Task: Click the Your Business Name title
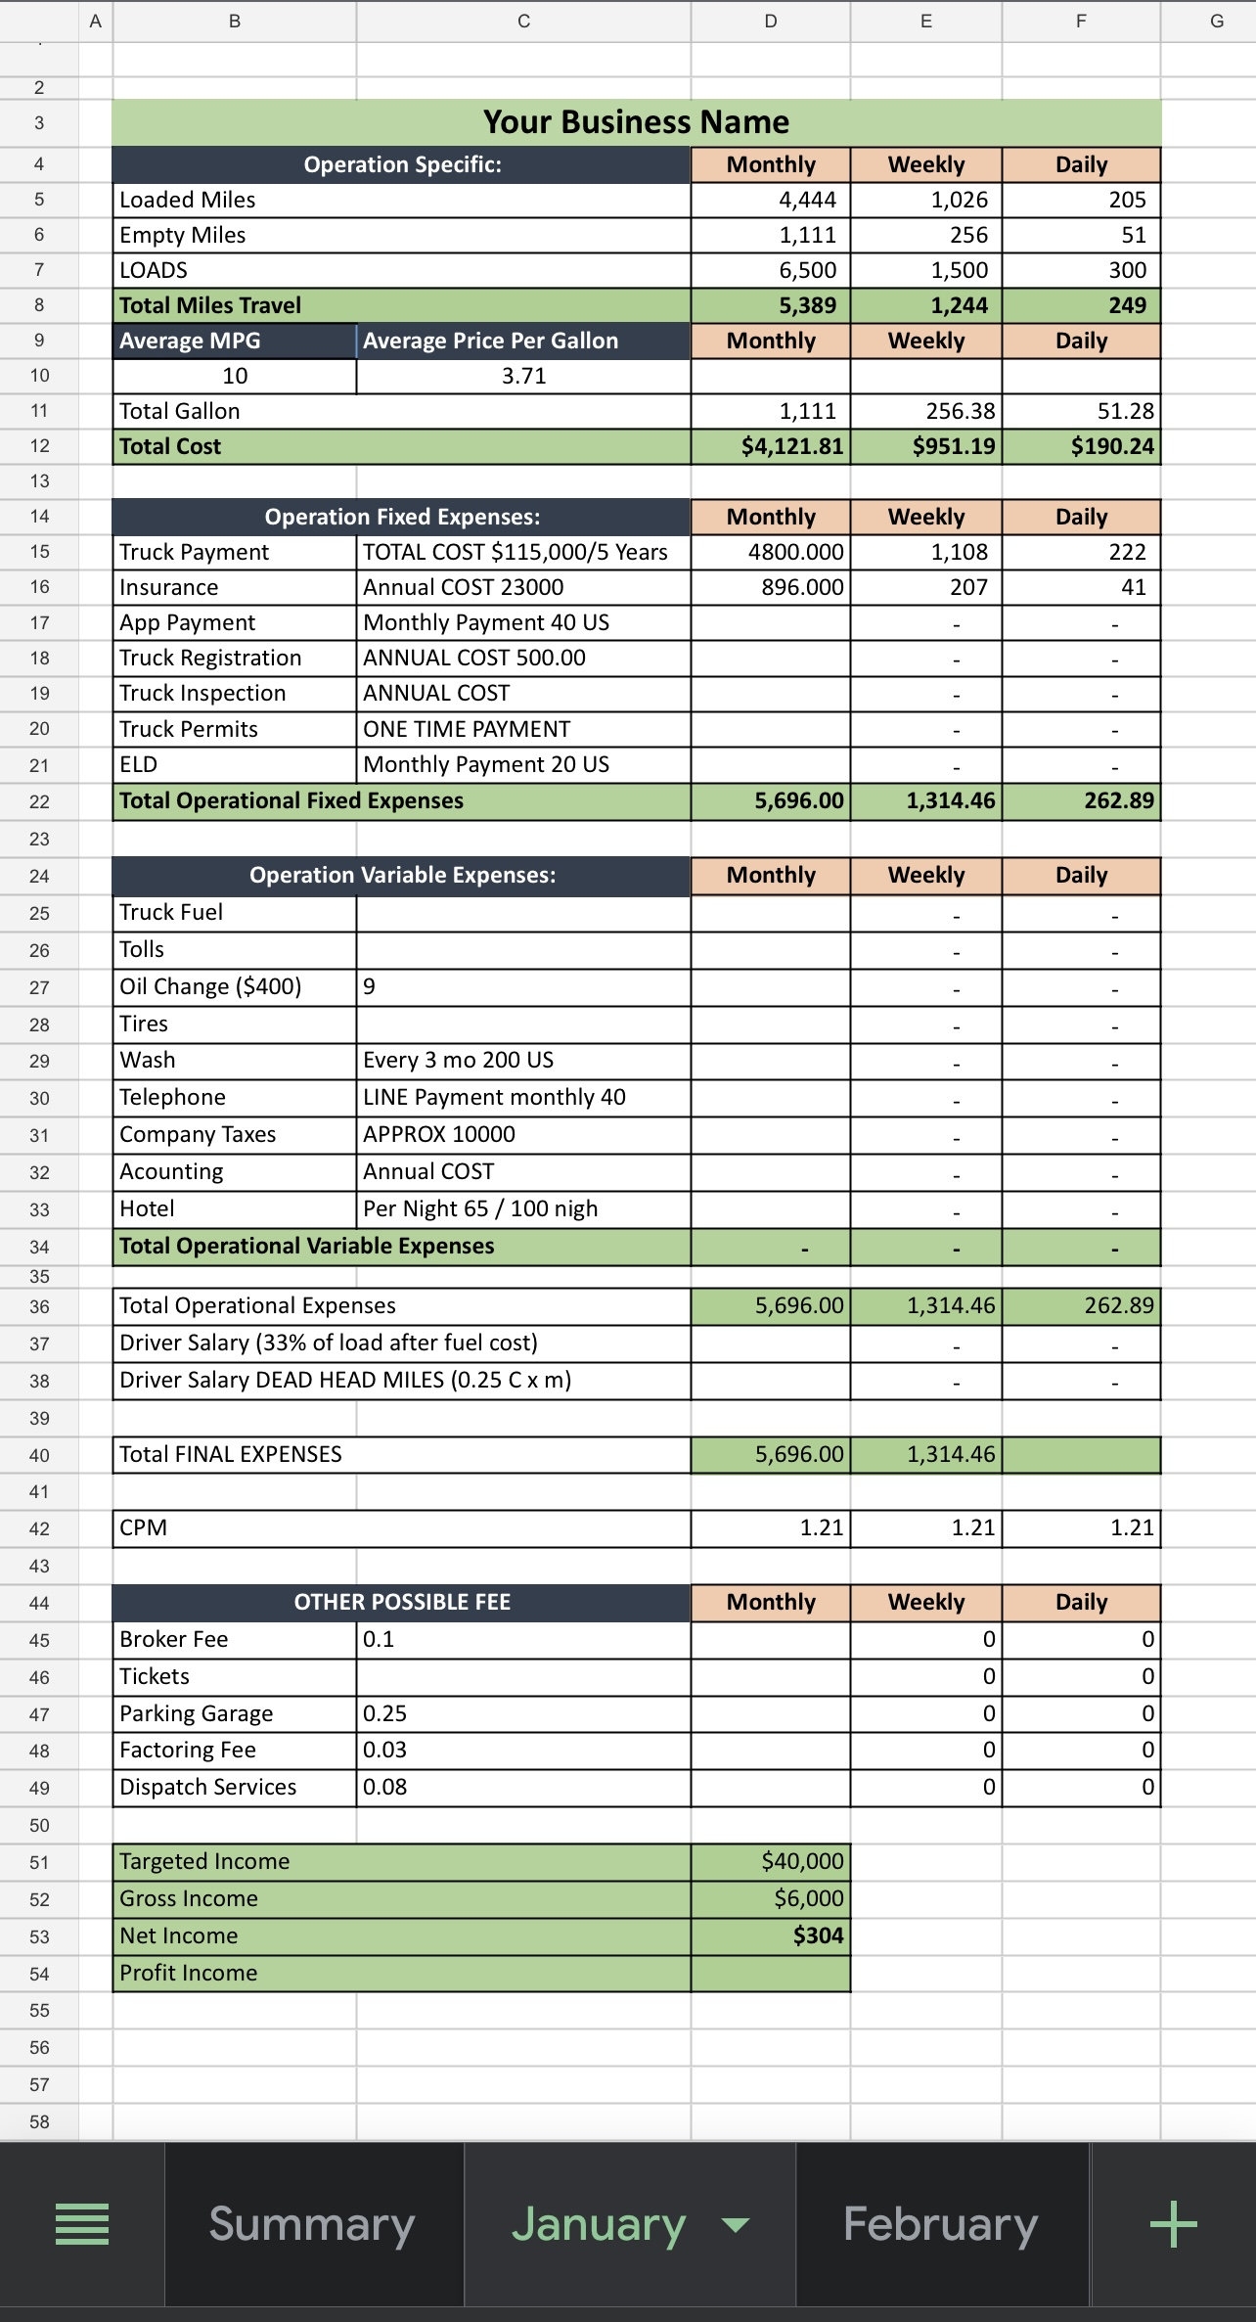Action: [x=636, y=122]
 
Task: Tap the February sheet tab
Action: [x=940, y=2224]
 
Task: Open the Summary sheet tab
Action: [x=312, y=2224]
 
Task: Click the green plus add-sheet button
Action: [x=1173, y=2225]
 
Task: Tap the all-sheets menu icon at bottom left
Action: [x=82, y=2224]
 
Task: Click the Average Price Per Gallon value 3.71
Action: [x=523, y=377]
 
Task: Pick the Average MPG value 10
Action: [x=235, y=377]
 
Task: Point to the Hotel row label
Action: [x=147, y=1208]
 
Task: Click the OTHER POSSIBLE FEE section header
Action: [x=402, y=1602]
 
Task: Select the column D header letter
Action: [x=771, y=21]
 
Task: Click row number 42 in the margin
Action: [x=39, y=1528]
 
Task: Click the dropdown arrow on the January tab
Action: [x=736, y=2225]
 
